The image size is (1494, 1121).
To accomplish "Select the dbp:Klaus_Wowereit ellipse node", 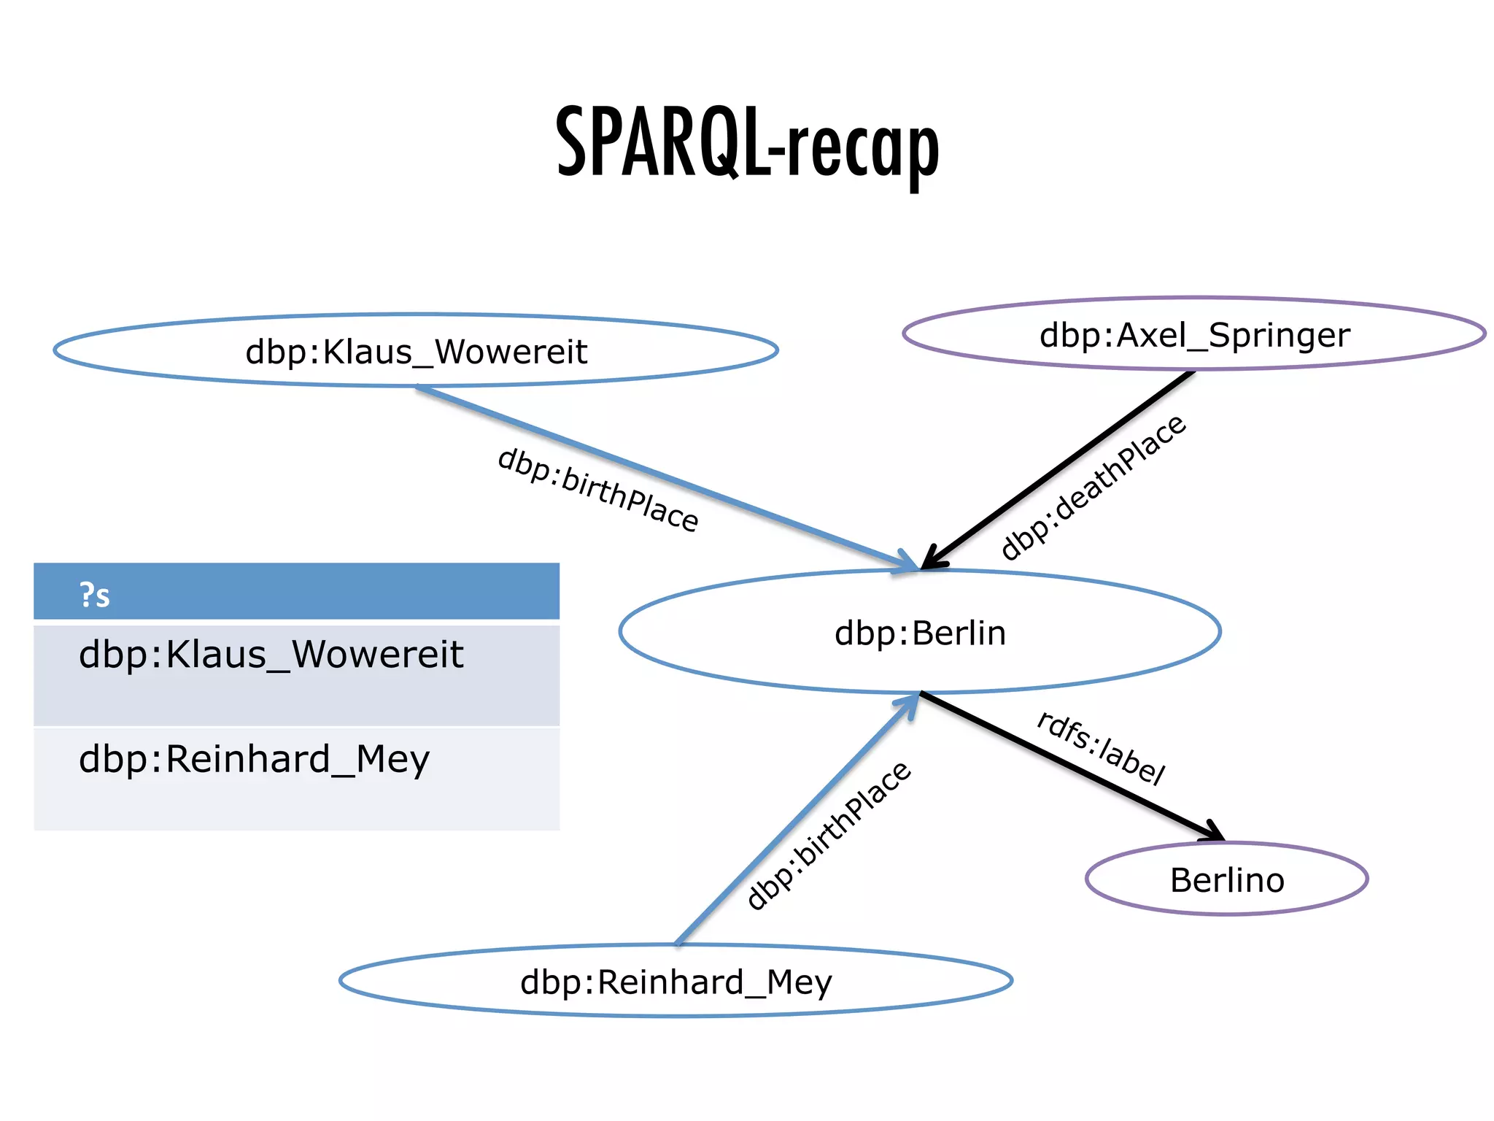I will (x=416, y=351).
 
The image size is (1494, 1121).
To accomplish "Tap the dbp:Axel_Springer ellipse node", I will (x=1194, y=334).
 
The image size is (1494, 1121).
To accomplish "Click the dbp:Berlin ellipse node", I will (x=920, y=632).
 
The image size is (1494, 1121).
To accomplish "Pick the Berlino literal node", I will (x=1226, y=879).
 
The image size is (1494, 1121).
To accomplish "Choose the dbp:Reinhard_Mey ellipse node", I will (x=676, y=981).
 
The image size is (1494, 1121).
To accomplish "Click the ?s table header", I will (x=296, y=593).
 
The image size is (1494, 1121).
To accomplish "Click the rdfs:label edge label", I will (x=1101, y=747).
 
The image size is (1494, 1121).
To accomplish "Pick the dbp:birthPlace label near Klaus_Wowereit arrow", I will (x=597, y=490).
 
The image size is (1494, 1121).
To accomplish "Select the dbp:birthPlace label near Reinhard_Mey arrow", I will (x=829, y=835).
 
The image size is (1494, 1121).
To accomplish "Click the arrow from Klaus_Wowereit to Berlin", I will (x=657, y=475).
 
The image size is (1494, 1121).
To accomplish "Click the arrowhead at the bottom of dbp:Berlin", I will (x=909, y=704).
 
